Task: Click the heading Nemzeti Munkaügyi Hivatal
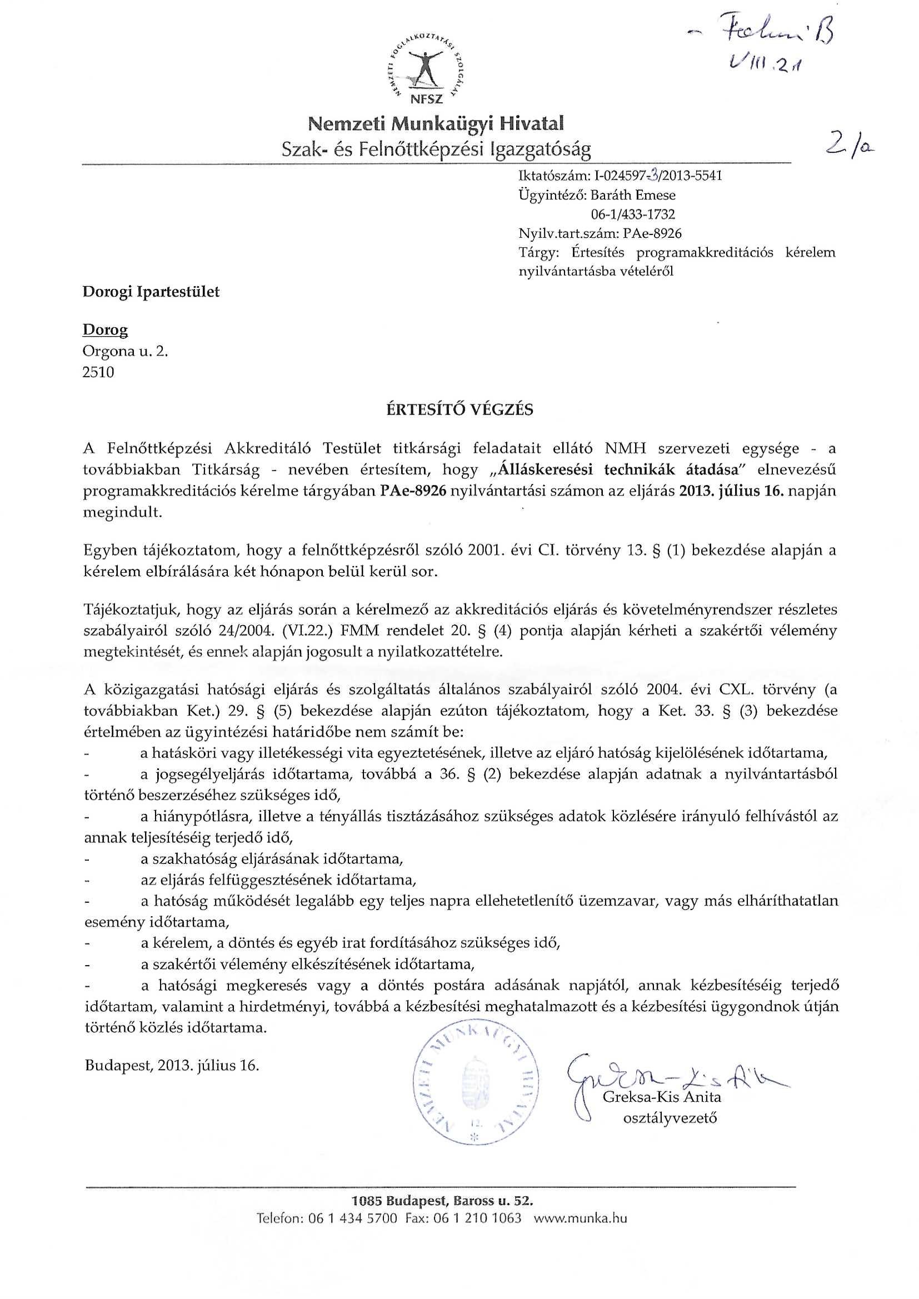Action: pos(436,123)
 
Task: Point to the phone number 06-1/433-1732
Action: pos(633,214)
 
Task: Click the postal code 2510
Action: pos(98,372)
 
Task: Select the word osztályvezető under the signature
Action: pos(670,1118)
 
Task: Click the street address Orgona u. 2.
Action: pos(126,351)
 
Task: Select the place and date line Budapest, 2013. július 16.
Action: pos(172,1066)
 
